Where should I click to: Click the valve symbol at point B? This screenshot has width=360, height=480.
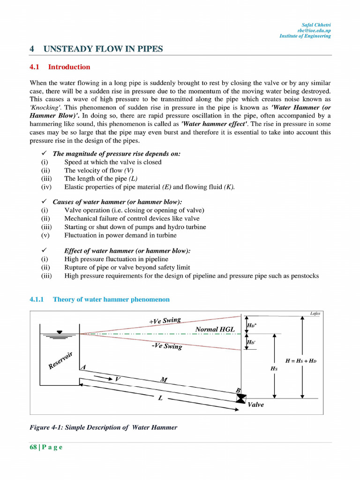pyautogui.click(x=241, y=398)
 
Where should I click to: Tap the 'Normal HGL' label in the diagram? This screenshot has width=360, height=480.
pyautogui.click(x=214, y=330)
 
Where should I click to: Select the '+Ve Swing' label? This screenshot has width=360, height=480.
pyautogui.click(x=165, y=321)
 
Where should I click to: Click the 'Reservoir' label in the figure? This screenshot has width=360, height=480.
pyautogui.click(x=60, y=360)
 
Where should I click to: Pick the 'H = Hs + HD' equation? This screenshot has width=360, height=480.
pyautogui.click(x=304, y=361)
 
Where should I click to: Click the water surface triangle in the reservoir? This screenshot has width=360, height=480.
pyautogui.click(x=59, y=332)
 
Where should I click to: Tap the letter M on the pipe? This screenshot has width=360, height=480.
pyautogui.click(x=164, y=380)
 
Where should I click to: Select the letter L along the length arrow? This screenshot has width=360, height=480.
pyautogui.click(x=160, y=398)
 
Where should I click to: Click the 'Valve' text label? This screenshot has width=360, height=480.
pyautogui.click(x=255, y=405)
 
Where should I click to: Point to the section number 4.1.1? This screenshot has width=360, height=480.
pyautogui.click(x=37, y=299)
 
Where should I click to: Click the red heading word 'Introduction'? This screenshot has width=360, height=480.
pyautogui.click(x=69, y=67)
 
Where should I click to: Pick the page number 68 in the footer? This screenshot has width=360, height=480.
pyautogui.click(x=33, y=447)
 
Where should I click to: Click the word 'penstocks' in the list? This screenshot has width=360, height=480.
pyautogui.click(x=305, y=276)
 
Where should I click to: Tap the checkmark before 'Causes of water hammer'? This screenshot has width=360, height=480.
pyautogui.click(x=43, y=202)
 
